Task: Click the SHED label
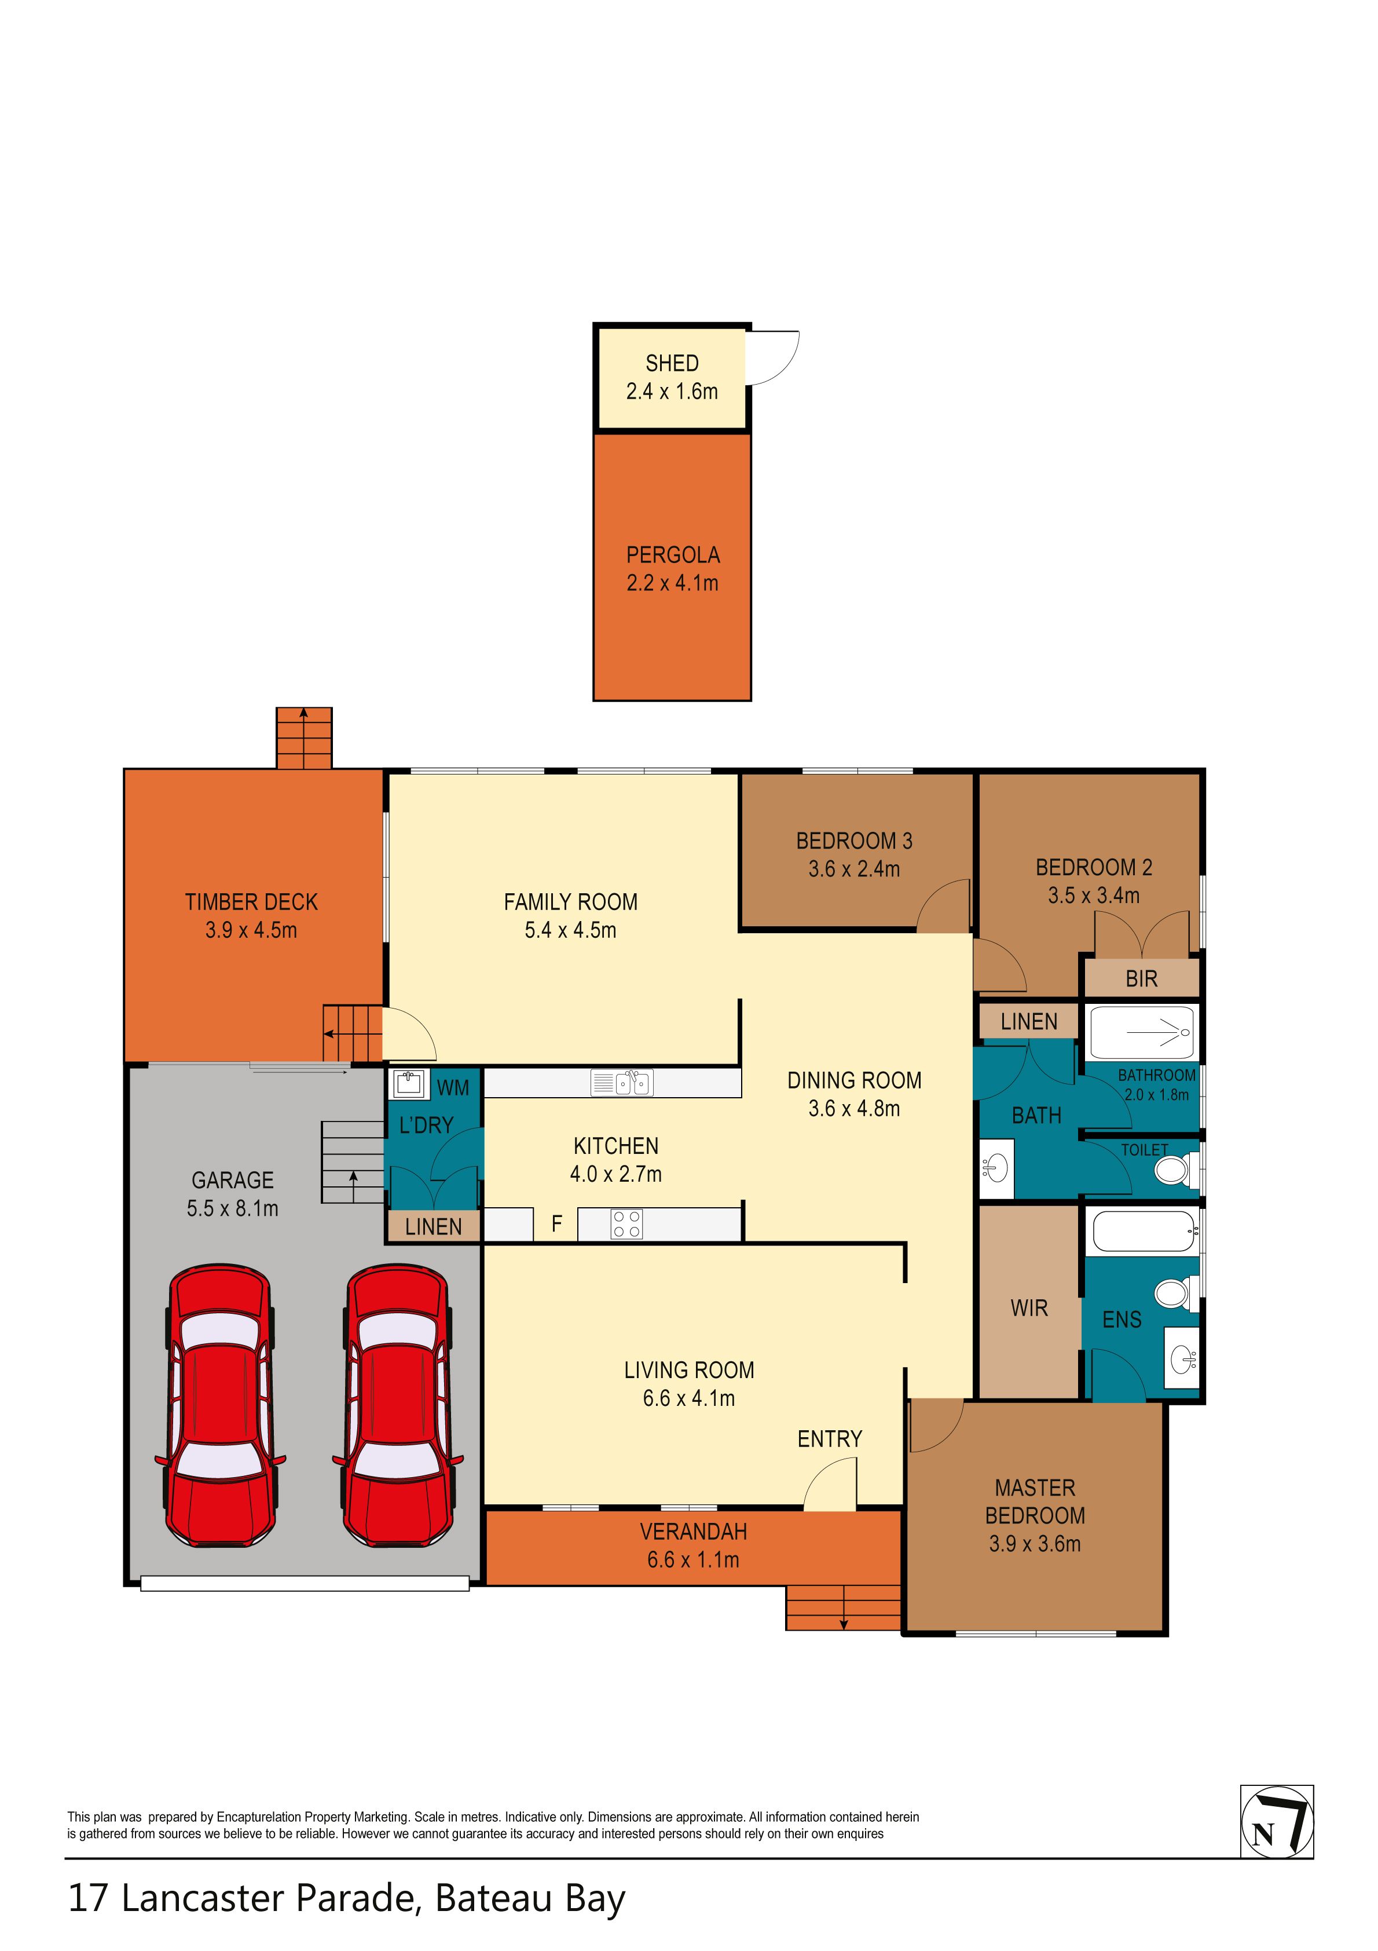click(x=672, y=364)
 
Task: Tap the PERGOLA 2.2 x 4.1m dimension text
click(x=673, y=583)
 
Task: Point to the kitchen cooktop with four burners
click(x=627, y=1223)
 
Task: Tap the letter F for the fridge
click(x=556, y=1223)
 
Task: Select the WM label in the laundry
click(x=453, y=1088)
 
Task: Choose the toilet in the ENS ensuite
click(x=1177, y=1294)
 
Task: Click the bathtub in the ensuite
click(x=1144, y=1230)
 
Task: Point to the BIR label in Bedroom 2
click(x=1141, y=979)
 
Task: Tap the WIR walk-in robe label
click(x=1029, y=1309)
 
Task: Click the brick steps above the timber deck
click(x=303, y=737)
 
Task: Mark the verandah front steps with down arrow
click(x=843, y=1607)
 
